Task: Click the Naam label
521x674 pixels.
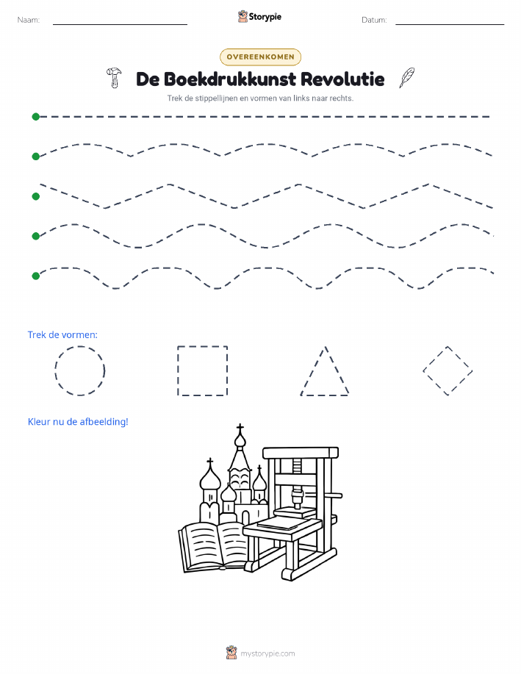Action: pos(29,20)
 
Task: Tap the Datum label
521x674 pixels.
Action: pos(374,20)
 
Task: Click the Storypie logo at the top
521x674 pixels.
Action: pos(259,17)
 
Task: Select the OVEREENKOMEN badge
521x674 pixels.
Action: pos(260,57)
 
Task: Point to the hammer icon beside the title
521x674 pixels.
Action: pos(114,78)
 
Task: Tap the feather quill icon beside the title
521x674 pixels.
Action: pos(406,78)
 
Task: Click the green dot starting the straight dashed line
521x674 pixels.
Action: pos(36,116)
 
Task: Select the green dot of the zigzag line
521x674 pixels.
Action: pos(36,196)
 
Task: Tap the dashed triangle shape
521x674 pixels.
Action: pos(312,370)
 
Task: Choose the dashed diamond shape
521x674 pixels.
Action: pos(435,359)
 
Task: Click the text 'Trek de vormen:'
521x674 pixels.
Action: pos(62,335)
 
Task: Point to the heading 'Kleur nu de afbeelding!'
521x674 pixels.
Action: pos(78,422)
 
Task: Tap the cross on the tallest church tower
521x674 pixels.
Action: pos(240,428)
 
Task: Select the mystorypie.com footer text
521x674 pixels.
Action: pos(267,654)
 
